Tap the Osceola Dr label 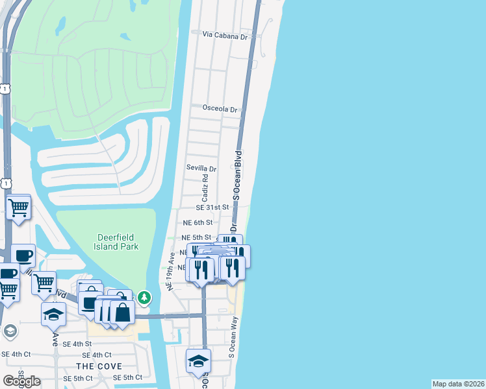click(x=220, y=109)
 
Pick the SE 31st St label click(x=213, y=207)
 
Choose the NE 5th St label click(x=196, y=238)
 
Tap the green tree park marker click(x=144, y=298)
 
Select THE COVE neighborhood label click(x=100, y=366)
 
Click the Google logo click(x=22, y=381)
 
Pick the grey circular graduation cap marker click(x=10, y=331)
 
